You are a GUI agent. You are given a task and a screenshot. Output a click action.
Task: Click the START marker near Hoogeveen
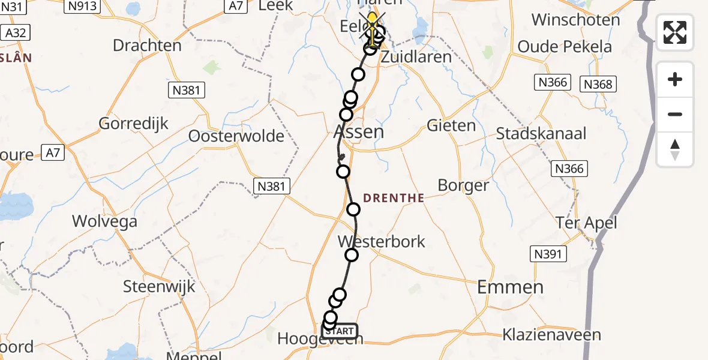[341, 331]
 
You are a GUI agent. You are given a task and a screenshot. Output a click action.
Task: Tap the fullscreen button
[675, 32]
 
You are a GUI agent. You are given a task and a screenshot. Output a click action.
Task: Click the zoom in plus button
[675, 79]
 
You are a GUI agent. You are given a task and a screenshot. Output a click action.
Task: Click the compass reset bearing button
[675, 149]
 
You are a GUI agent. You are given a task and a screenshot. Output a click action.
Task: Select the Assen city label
[358, 131]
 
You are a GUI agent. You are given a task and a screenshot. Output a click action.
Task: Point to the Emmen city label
[510, 287]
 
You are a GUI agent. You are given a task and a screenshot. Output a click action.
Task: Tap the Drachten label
[147, 46]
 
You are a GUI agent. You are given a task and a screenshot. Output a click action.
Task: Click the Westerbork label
[382, 242]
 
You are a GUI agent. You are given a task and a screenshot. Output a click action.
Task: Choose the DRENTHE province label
[394, 198]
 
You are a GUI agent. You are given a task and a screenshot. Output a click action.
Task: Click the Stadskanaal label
[541, 133]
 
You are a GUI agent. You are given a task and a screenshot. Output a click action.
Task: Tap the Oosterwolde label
[236, 136]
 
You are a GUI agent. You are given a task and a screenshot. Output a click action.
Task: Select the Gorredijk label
[133, 124]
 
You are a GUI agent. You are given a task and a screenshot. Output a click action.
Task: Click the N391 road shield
[548, 254]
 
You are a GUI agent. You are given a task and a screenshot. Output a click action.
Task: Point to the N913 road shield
[83, 5]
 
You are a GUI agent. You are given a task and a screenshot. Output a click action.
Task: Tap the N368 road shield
[598, 85]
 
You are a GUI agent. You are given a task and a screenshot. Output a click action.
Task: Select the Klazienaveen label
[551, 334]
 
